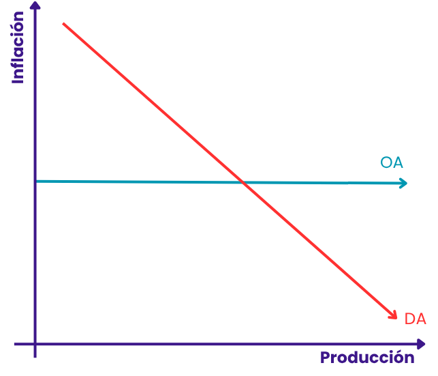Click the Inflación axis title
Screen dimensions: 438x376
18,47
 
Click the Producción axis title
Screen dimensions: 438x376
367,358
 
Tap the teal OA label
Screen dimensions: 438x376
392,162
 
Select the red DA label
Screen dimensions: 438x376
415,319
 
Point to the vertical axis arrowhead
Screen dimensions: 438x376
35,5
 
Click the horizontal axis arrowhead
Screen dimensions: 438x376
421,344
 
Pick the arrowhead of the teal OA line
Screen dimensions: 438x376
404,184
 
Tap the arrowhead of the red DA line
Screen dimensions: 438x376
393,315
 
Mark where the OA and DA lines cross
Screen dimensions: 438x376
243,182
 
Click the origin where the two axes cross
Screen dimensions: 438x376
35,344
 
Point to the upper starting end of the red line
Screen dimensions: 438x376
63,24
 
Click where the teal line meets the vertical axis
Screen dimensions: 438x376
36,182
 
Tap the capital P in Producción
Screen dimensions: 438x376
325,358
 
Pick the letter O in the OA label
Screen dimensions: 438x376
386,162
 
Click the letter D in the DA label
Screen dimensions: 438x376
409,319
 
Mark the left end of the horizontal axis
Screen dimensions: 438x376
15,344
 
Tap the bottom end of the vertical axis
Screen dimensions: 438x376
35,357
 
